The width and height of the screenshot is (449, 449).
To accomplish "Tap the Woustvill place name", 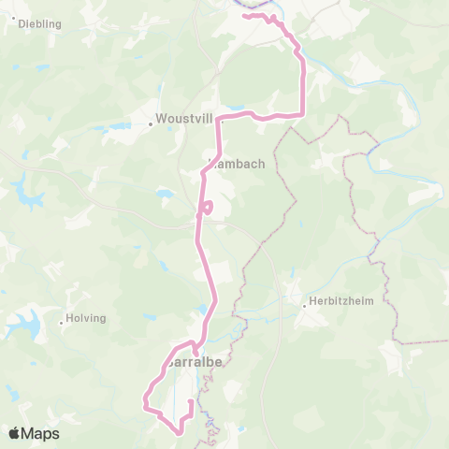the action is coord(185,120).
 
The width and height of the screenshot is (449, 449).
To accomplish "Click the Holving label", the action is coord(86,318).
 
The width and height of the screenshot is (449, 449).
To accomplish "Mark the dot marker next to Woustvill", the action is coord(151,121).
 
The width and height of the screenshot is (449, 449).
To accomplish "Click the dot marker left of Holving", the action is coord(62,323).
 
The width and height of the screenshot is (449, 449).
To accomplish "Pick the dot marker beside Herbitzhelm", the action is coord(305,303).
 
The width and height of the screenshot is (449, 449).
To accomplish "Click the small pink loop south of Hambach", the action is coord(207,207).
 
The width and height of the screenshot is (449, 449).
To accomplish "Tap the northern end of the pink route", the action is coord(244,16).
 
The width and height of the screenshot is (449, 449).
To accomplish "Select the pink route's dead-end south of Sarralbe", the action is coord(191,402).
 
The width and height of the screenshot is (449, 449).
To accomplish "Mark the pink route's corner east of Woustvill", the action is coord(301,114).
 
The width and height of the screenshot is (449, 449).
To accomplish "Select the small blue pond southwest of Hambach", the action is coord(165,194).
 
